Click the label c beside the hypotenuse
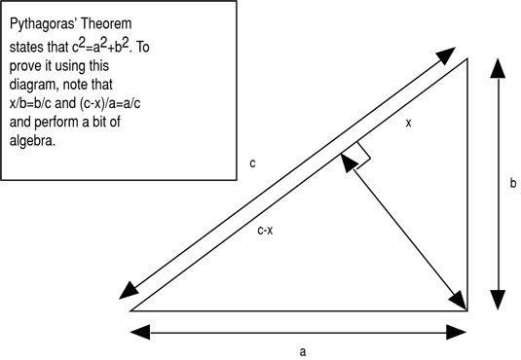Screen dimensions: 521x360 tap(252, 164)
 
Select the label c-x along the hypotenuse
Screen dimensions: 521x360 tap(266, 231)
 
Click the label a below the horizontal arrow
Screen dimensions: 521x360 tap(302, 351)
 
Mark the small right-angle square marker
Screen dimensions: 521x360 tap(355, 156)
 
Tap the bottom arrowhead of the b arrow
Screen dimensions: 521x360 tap(499, 300)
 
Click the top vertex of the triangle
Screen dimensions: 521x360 tap(468, 58)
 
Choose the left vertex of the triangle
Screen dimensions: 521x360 tap(130, 310)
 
